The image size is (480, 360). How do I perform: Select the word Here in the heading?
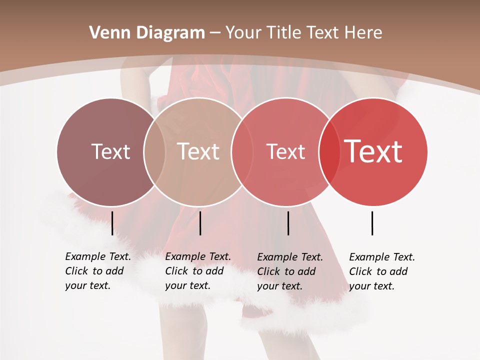pos(365,33)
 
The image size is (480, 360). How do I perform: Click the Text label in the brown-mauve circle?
pos(110,151)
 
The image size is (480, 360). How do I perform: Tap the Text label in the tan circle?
pos(198,151)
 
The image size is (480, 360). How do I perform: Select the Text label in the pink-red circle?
pos(285,152)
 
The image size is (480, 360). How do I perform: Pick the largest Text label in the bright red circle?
pos(373,151)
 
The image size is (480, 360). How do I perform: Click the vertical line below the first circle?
pos(112,223)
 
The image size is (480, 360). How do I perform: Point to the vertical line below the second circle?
pos(200,223)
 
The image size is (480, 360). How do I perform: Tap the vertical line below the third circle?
pos(288,223)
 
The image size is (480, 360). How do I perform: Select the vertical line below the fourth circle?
pos(372,223)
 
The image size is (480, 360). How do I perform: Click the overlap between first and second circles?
pos(154,151)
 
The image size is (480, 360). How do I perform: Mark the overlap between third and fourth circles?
pos(329,151)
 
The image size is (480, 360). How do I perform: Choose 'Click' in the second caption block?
pos(176,271)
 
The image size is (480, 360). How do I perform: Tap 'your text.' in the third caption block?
pos(279,286)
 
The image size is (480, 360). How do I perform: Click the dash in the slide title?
pos(215,33)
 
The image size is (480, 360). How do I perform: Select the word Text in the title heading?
pos(323,33)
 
